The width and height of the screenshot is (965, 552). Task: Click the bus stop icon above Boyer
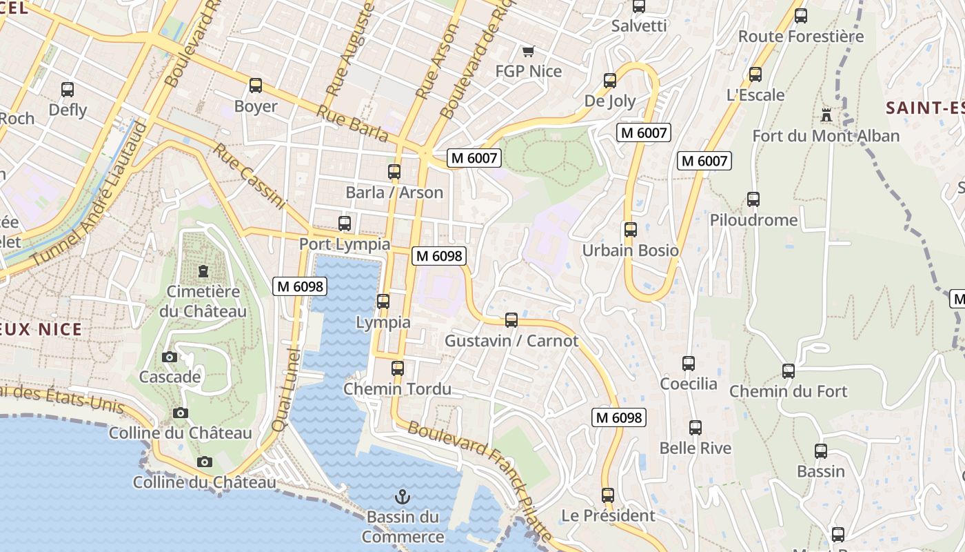(x=256, y=86)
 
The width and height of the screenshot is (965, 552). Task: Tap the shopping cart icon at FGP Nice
(x=529, y=51)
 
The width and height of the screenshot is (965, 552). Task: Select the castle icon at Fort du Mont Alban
(x=826, y=115)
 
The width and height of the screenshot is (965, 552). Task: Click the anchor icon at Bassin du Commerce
(x=402, y=496)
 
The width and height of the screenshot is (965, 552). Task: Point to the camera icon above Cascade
(x=169, y=357)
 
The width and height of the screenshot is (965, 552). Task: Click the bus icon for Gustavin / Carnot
(x=511, y=320)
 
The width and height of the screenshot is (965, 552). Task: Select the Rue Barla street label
(x=353, y=124)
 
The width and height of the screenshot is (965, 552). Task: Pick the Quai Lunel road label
(x=287, y=391)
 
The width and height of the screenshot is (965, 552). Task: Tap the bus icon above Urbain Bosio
(x=630, y=230)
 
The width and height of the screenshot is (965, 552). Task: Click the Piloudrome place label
(x=753, y=220)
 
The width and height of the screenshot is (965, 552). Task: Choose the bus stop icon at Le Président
(x=607, y=495)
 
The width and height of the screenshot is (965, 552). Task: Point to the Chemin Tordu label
(x=397, y=389)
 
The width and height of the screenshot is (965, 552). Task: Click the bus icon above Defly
(x=68, y=90)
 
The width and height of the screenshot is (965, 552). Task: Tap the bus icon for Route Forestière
(x=800, y=16)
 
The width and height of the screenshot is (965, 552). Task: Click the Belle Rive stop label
(x=695, y=448)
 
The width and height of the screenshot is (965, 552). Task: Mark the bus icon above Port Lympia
(x=345, y=224)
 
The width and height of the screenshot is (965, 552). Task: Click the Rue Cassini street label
(x=250, y=176)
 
